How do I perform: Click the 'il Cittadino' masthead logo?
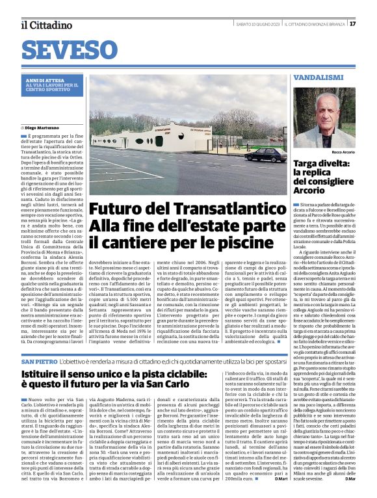[x=46, y=25]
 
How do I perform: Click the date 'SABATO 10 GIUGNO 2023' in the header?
[x=259, y=24]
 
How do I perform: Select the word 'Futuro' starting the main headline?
[x=116, y=211]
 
